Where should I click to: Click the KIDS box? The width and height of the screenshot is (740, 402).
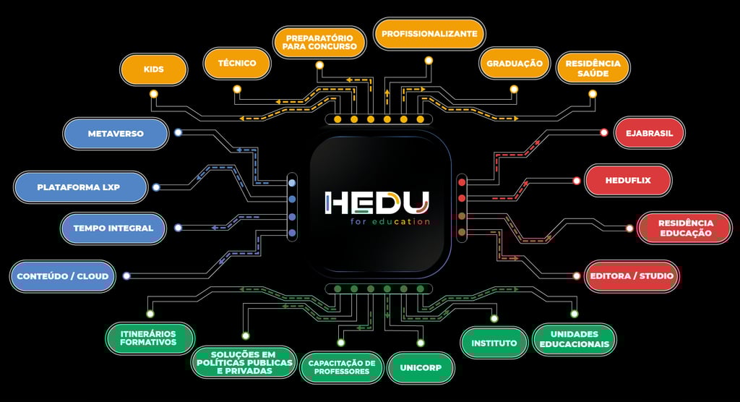tap(154, 69)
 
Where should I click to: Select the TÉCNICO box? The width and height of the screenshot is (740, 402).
tap(236, 64)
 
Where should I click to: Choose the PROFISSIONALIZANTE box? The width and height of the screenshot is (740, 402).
tap(429, 34)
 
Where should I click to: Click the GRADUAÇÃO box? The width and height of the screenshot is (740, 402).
tap(514, 64)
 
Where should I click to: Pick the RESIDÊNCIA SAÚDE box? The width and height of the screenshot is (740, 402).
tap(593, 68)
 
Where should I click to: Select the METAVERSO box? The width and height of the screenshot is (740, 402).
tap(116, 134)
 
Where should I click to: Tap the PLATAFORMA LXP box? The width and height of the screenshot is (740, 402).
tap(78, 187)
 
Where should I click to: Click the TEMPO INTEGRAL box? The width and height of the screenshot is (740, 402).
tap(113, 228)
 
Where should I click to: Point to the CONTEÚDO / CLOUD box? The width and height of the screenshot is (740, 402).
tap(63, 276)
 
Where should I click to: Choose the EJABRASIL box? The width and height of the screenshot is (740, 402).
tap(649, 133)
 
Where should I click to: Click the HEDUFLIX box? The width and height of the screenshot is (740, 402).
tap(628, 181)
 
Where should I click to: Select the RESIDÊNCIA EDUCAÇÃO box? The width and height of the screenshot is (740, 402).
tap(685, 228)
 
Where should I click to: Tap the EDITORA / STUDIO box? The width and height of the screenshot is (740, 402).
tap(631, 276)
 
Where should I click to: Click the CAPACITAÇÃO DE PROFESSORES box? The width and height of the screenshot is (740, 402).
tap(341, 367)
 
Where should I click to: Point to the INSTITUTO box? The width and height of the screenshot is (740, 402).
tap(494, 343)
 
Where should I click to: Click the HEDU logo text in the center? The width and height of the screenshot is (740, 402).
tap(377, 202)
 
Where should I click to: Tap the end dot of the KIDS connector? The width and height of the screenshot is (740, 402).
tap(153, 94)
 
